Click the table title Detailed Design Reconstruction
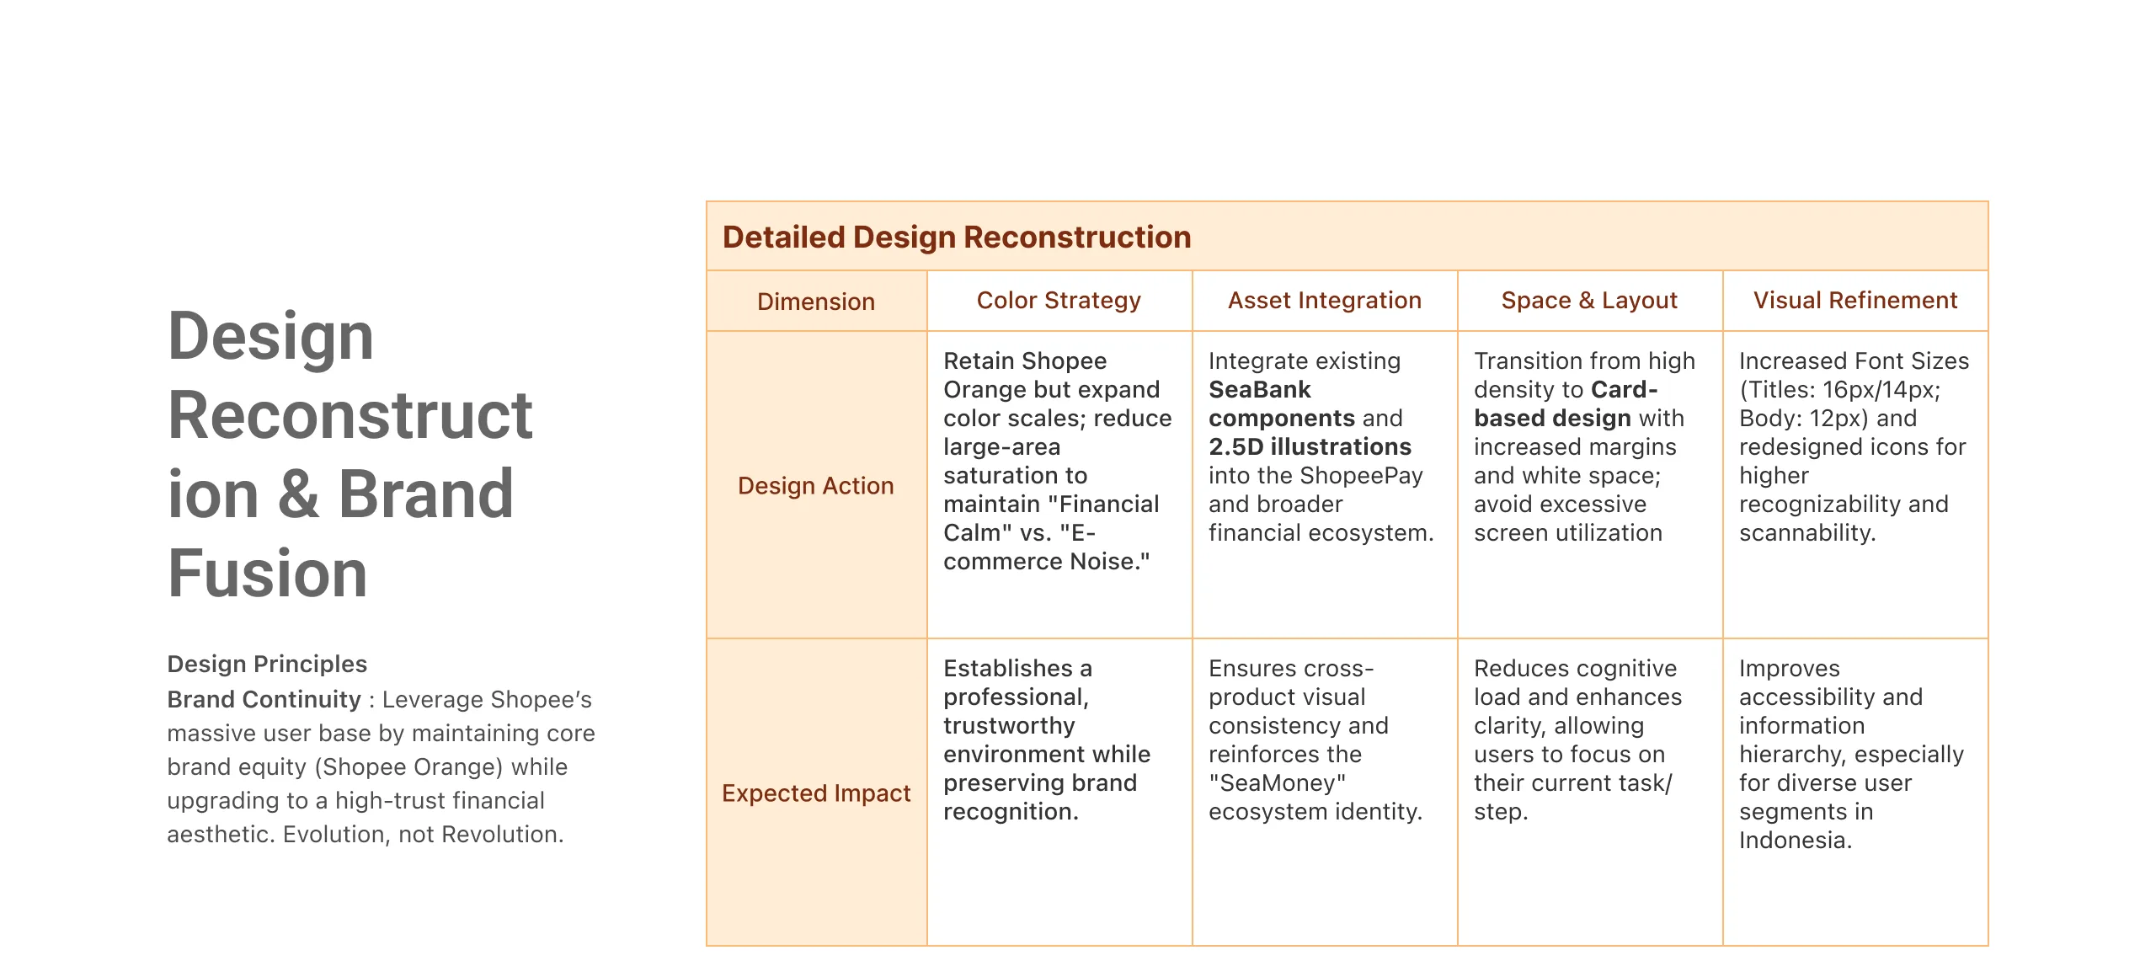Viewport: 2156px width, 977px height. click(957, 238)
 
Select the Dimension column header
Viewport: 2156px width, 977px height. click(815, 302)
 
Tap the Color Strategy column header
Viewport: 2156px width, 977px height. click(1059, 301)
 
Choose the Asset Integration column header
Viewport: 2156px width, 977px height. click(1324, 301)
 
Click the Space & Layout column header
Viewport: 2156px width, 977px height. click(1589, 301)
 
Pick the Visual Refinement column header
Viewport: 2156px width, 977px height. click(1855, 301)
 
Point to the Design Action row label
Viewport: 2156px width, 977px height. click(815, 486)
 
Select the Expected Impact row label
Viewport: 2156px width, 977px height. click(815, 793)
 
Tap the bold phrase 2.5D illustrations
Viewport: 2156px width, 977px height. click(1310, 447)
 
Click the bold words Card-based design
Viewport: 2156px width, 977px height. click(1566, 404)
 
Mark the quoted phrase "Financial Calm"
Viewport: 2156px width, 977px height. click(1053, 519)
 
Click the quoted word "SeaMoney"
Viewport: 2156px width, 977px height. click(1277, 783)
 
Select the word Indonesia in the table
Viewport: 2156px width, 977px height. click(1794, 841)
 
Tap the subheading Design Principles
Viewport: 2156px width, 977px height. click(267, 665)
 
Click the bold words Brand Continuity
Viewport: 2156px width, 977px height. click(264, 700)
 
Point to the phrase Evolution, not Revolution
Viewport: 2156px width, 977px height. click(423, 835)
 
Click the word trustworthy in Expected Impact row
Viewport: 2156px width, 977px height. click(1009, 726)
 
